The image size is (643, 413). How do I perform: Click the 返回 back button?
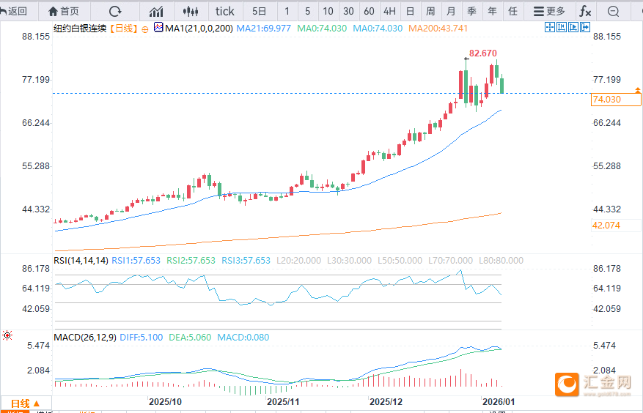(15, 11)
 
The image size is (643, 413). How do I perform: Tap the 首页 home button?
(64, 11)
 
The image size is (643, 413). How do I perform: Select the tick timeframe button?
(224, 11)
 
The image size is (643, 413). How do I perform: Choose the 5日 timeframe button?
(260, 11)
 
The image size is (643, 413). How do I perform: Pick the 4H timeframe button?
(389, 11)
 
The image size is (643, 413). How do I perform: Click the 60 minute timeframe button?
(369, 11)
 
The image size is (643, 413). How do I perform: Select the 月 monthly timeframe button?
(451, 11)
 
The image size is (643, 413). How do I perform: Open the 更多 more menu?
(549, 11)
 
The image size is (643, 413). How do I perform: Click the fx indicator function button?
(585, 11)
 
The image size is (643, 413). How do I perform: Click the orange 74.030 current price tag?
(606, 100)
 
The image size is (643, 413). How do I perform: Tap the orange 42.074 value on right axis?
(606, 225)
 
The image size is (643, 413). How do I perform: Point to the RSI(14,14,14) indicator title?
(81, 260)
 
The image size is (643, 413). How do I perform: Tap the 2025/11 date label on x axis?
(283, 402)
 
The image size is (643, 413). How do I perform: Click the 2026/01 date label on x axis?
(499, 402)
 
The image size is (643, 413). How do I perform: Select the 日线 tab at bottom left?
(26, 403)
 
